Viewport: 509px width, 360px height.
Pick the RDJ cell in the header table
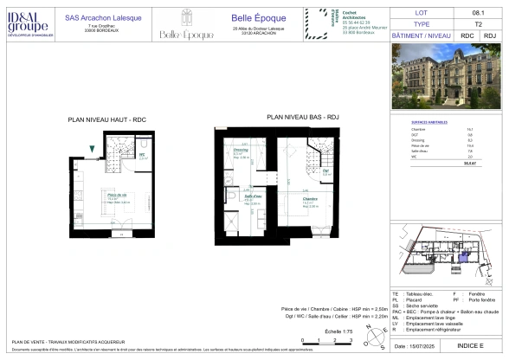tap(490, 35)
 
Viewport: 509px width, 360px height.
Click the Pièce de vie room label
tap(113, 196)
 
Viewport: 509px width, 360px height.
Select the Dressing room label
tap(242, 150)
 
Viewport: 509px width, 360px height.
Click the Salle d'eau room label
tap(244, 197)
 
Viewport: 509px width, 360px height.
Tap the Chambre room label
tap(309, 198)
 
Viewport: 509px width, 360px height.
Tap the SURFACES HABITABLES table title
tap(428, 121)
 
